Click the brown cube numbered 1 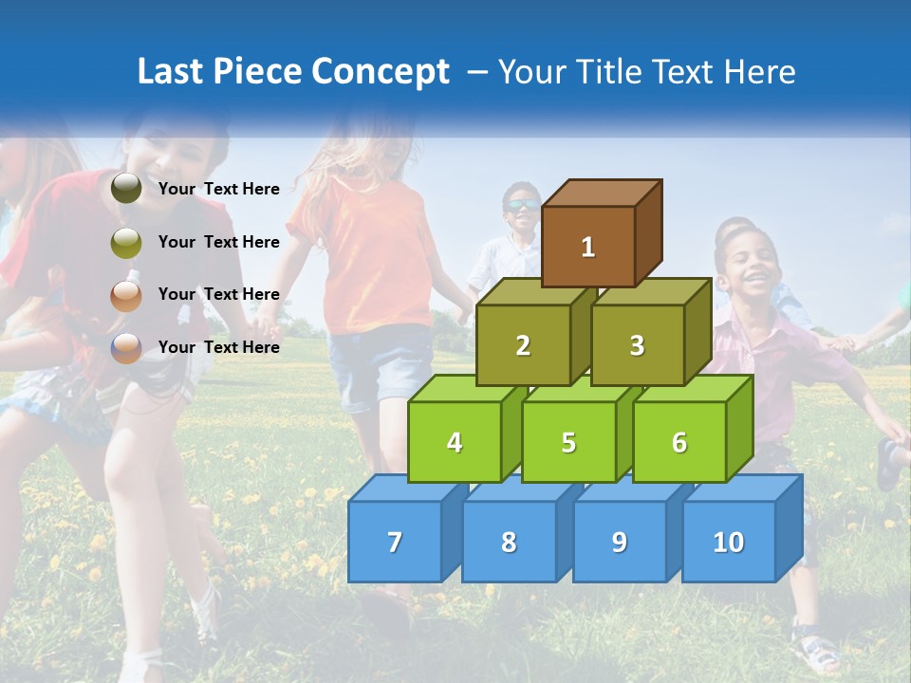pyautogui.click(x=588, y=246)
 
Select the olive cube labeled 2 pyautogui.click(x=523, y=345)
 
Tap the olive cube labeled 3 pyautogui.click(x=637, y=345)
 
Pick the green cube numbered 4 pyautogui.click(x=455, y=442)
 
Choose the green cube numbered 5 pyautogui.click(x=568, y=442)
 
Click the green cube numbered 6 pyautogui.click(x=679, y=442)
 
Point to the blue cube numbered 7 pyautogui.click(x=395, y=542)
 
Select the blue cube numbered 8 pyautogui.click(x=509, y=542)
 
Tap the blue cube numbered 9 pyautogui.click(x=619, y=542)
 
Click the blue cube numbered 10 pyautogui.click(x=728, y=542)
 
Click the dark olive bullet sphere pyautogui.click(x=126, y=189)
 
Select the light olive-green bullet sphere pyautogui.click(x=126, y=243)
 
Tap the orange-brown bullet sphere pyautogui.click(x=126, y=295)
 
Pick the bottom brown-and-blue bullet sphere pyautogui.click(x=126, y=348)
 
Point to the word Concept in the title pyautogui.click(x=381, y=72)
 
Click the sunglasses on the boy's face pyautogui.click(x=519, y=205)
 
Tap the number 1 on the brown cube pyautogui.click(x=588, y=248)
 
